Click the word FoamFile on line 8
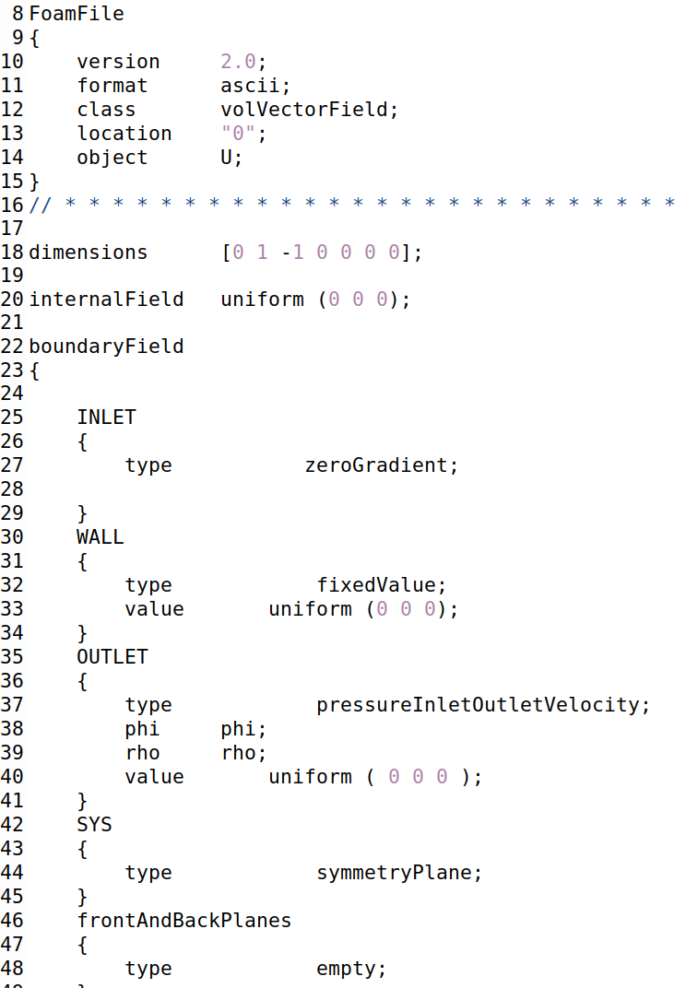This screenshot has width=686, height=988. [77, 14]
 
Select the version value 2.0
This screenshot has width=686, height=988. [238, 62]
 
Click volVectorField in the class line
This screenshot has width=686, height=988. [303, 110]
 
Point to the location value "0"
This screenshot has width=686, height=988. [238, 134]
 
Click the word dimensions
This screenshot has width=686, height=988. [89, 253]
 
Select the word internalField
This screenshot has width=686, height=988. [106, 300]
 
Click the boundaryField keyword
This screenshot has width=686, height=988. [106, 347]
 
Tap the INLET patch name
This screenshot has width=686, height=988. [106, 418]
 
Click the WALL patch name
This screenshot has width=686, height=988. [101, 537]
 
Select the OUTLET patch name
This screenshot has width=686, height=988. [112, 657]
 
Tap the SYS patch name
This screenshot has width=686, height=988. [94, 825]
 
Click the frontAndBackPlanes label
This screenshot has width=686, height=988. [184, 921]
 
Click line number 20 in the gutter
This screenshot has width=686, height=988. [13, 300]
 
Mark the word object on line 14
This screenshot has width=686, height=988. [112, 158]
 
